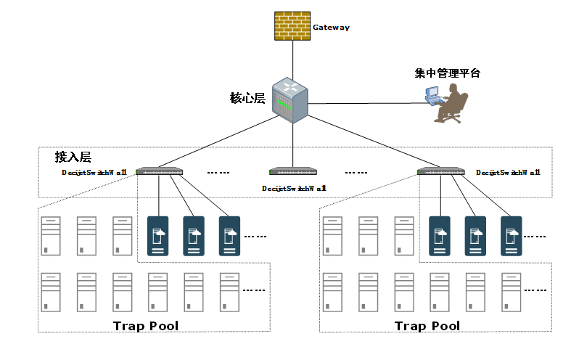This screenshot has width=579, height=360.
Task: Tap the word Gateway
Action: [331, 28]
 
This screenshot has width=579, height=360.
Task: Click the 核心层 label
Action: [246, 97]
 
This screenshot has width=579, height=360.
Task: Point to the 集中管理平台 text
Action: [447, 73]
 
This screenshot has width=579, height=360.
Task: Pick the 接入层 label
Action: [73, 157]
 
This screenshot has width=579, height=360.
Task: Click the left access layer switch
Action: [158, 172]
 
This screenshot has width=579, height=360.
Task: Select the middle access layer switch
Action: [292, 172]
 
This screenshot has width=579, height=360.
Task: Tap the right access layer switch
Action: [440, 172]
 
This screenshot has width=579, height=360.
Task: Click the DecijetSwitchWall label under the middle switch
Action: [294, 188]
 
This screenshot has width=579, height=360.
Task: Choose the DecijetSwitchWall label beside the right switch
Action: [508, 173]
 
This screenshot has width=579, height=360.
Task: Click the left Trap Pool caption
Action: [145, 325]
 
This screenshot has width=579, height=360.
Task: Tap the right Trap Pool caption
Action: [427, 325]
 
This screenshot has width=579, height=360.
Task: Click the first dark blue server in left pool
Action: [157, 235]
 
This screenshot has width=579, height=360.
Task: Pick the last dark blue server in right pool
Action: [511, 235]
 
